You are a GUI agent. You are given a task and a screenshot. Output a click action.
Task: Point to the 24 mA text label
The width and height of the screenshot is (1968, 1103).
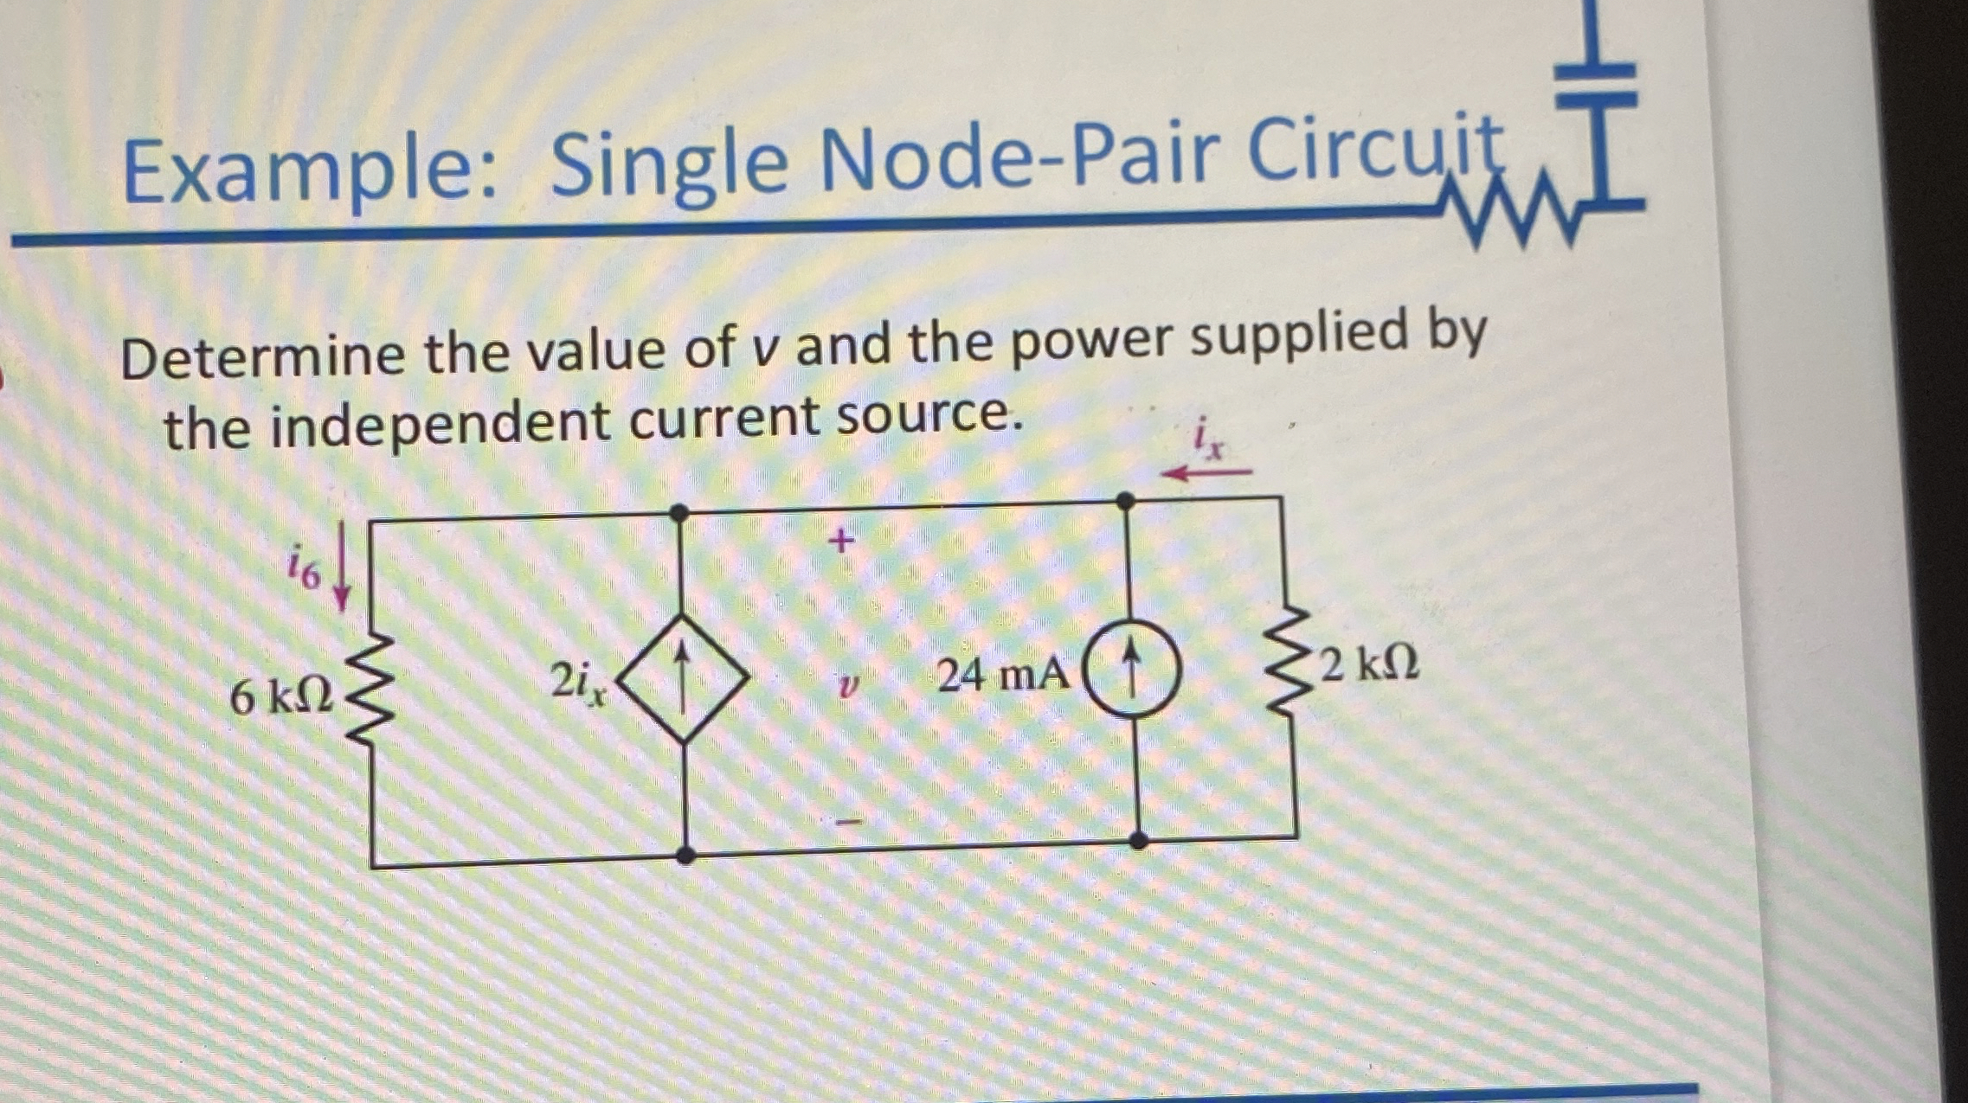point(1002,675)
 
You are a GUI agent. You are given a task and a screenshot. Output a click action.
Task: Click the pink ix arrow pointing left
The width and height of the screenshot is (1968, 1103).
point(1206,472)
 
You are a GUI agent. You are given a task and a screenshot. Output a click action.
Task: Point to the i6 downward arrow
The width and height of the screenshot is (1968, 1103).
point(342,567)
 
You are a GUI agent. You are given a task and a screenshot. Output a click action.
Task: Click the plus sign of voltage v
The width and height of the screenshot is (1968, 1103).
point(840,542)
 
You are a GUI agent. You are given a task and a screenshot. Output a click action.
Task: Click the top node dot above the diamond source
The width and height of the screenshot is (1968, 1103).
point(680,513)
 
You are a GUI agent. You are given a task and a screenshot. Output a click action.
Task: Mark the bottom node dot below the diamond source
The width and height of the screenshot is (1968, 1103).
point(685,856)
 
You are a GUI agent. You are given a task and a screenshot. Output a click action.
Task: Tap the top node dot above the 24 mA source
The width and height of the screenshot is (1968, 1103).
point(1125,500)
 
